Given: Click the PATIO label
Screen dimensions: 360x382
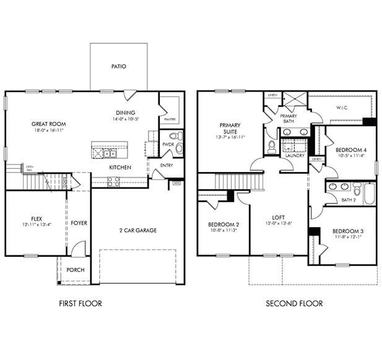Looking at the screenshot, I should (119, 66).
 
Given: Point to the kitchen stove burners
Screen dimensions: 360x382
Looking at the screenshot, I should (114, 181).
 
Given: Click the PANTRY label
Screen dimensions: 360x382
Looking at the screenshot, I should (170, 119).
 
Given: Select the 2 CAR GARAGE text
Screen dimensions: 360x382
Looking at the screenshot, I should (138, 230).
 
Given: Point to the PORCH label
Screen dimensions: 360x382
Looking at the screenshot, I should (76, 270).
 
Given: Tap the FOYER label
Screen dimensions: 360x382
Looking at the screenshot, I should (79, 223).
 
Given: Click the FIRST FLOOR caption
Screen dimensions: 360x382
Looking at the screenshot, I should (80, 303).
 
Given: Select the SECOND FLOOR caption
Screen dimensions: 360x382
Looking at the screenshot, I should (294, 303).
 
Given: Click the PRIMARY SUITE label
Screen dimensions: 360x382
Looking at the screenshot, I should (230, 128).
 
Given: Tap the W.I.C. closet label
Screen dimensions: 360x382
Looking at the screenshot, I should (342, 107).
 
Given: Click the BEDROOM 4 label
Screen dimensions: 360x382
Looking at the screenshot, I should (350, 150).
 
